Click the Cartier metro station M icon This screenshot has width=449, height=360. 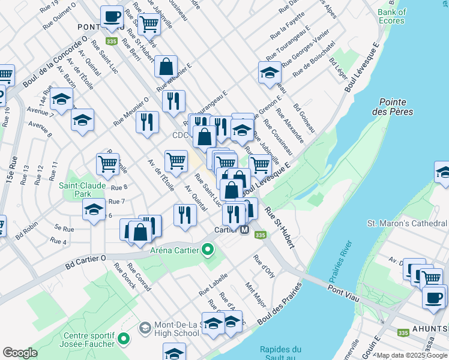(245, 230)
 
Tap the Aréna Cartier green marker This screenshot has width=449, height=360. (208, 248)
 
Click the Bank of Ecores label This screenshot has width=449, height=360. (392, 16)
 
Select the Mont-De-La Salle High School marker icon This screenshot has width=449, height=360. (145, 328)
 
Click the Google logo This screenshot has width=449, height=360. (20, 352)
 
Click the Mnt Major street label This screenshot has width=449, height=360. (256, 295)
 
